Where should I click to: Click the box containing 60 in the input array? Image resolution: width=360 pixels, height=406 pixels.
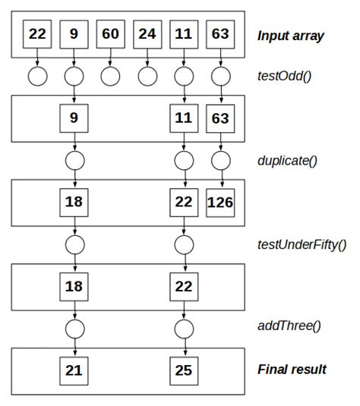pos(111,34)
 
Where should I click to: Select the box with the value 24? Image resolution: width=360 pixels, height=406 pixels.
pos(147,34)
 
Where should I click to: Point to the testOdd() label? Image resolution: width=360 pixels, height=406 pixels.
pos(283,75)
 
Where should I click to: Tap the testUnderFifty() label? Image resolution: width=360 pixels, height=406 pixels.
pos(302,244)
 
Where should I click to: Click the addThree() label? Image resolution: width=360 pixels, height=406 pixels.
pos(289,327)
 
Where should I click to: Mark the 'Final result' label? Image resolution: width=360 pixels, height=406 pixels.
pos(292,370)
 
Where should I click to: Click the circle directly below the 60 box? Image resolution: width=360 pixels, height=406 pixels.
pos(111,76)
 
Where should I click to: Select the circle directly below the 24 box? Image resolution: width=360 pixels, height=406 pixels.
pos(147,76)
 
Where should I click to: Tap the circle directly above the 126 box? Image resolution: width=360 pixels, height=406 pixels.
pos(221,160)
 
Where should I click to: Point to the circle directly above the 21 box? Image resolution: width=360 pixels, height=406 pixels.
pos(74,328)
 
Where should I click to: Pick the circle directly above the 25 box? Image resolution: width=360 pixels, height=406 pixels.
pos(184,328)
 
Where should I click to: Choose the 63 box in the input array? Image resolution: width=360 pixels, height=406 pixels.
pos(221,34)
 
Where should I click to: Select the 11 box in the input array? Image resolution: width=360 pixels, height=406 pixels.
pos(184,34)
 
